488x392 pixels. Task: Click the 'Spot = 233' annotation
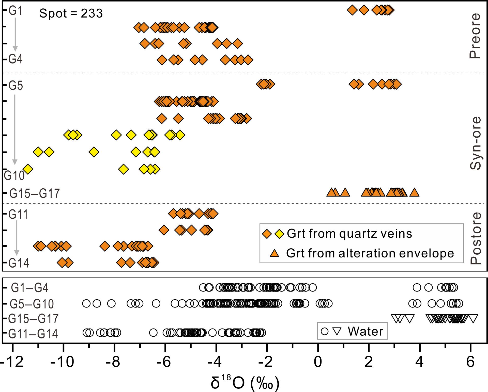(x=71, y=13)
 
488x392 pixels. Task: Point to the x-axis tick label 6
(x=470, y=362)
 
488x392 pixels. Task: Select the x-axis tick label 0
(x=318, y=362)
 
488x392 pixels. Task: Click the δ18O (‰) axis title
(x=245, y=383)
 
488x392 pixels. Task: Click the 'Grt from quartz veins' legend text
(x=349, y=234)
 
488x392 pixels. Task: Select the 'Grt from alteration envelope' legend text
(x=370, y=253)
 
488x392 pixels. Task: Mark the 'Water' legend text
(x=365, y=331)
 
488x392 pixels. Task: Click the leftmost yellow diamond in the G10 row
(x=28, y=169)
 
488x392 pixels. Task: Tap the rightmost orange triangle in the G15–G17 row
(x=414, y=192)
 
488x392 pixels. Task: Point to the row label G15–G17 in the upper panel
(x=34, y=193)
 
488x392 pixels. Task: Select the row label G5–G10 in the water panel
(x=32, y=304)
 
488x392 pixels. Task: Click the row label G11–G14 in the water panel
(x=33, y=334)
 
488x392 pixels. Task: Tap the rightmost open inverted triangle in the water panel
(x=473, y=318)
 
